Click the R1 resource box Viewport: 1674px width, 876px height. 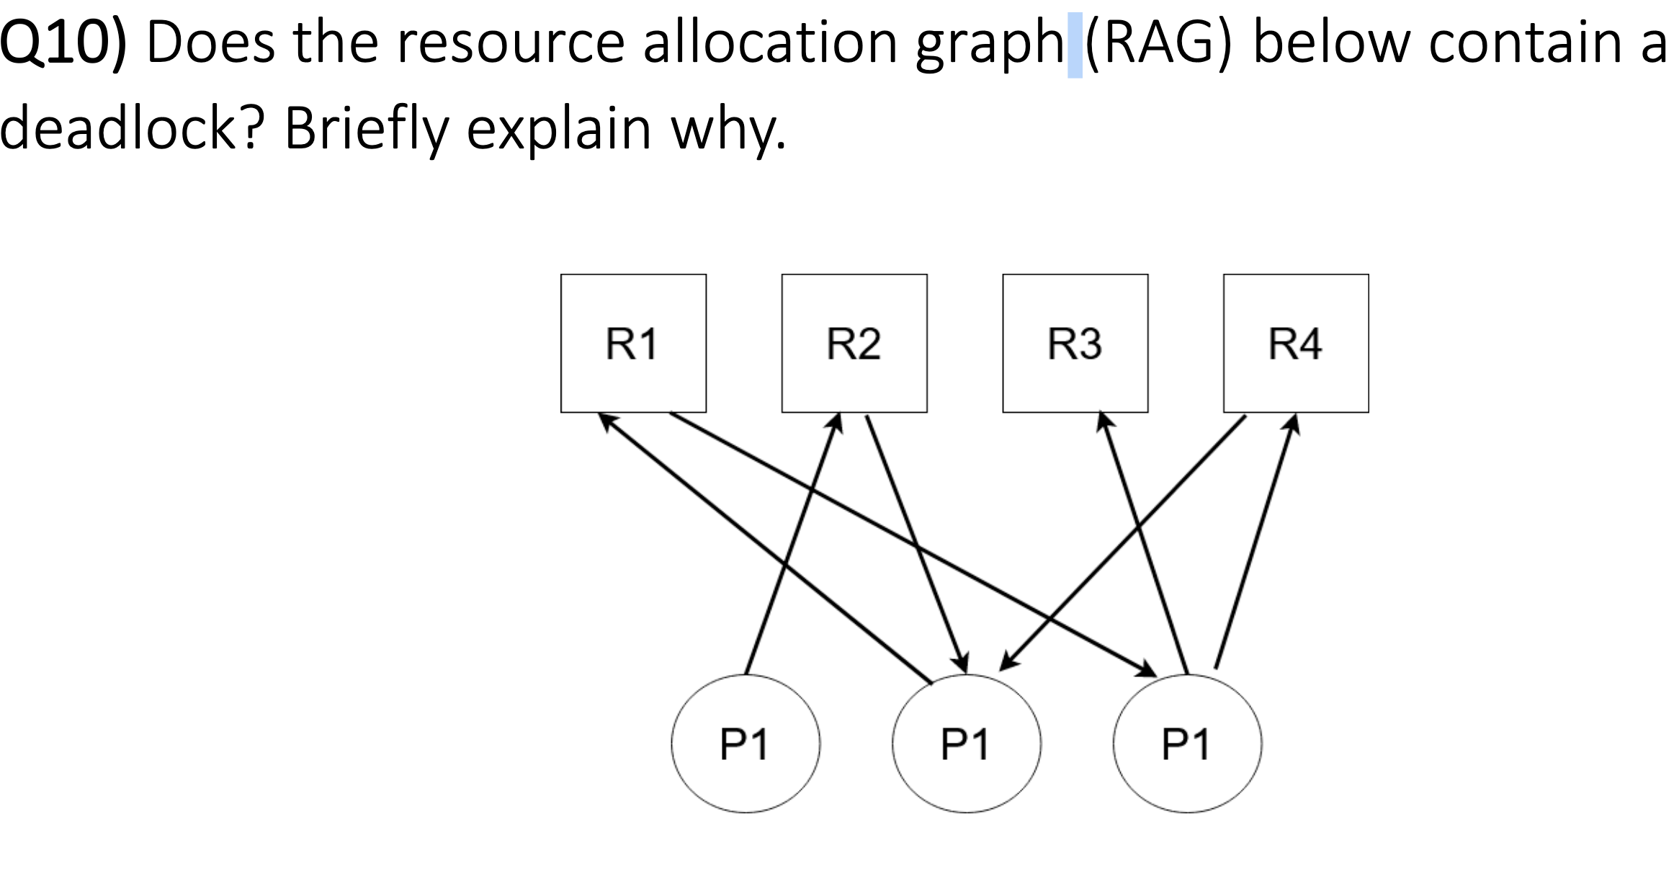(633, 343)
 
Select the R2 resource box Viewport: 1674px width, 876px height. (854, 343)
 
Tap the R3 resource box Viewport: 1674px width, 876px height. (1075, 343)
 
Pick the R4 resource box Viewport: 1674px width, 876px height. (1296, 343)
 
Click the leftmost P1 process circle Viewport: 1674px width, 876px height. (746, 743)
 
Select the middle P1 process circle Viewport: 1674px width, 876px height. (966, 743)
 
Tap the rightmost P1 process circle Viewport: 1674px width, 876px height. (1187, 743)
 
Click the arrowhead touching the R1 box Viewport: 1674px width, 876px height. (609, 422)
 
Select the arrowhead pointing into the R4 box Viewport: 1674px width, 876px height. (1292, 424)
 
